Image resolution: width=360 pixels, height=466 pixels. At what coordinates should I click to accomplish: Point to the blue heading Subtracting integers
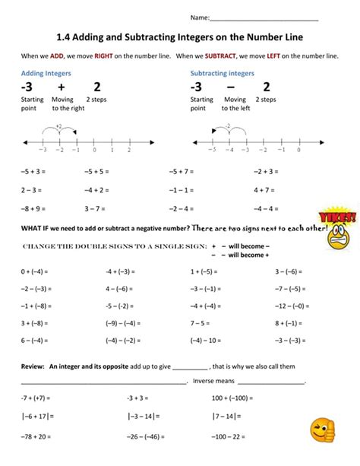point(222,73)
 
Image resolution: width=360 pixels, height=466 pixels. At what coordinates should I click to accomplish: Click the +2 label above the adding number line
point(58,125)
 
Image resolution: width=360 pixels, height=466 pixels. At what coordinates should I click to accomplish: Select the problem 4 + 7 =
point(264,189)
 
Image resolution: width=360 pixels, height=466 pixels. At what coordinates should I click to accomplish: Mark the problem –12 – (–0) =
point(271,306)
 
